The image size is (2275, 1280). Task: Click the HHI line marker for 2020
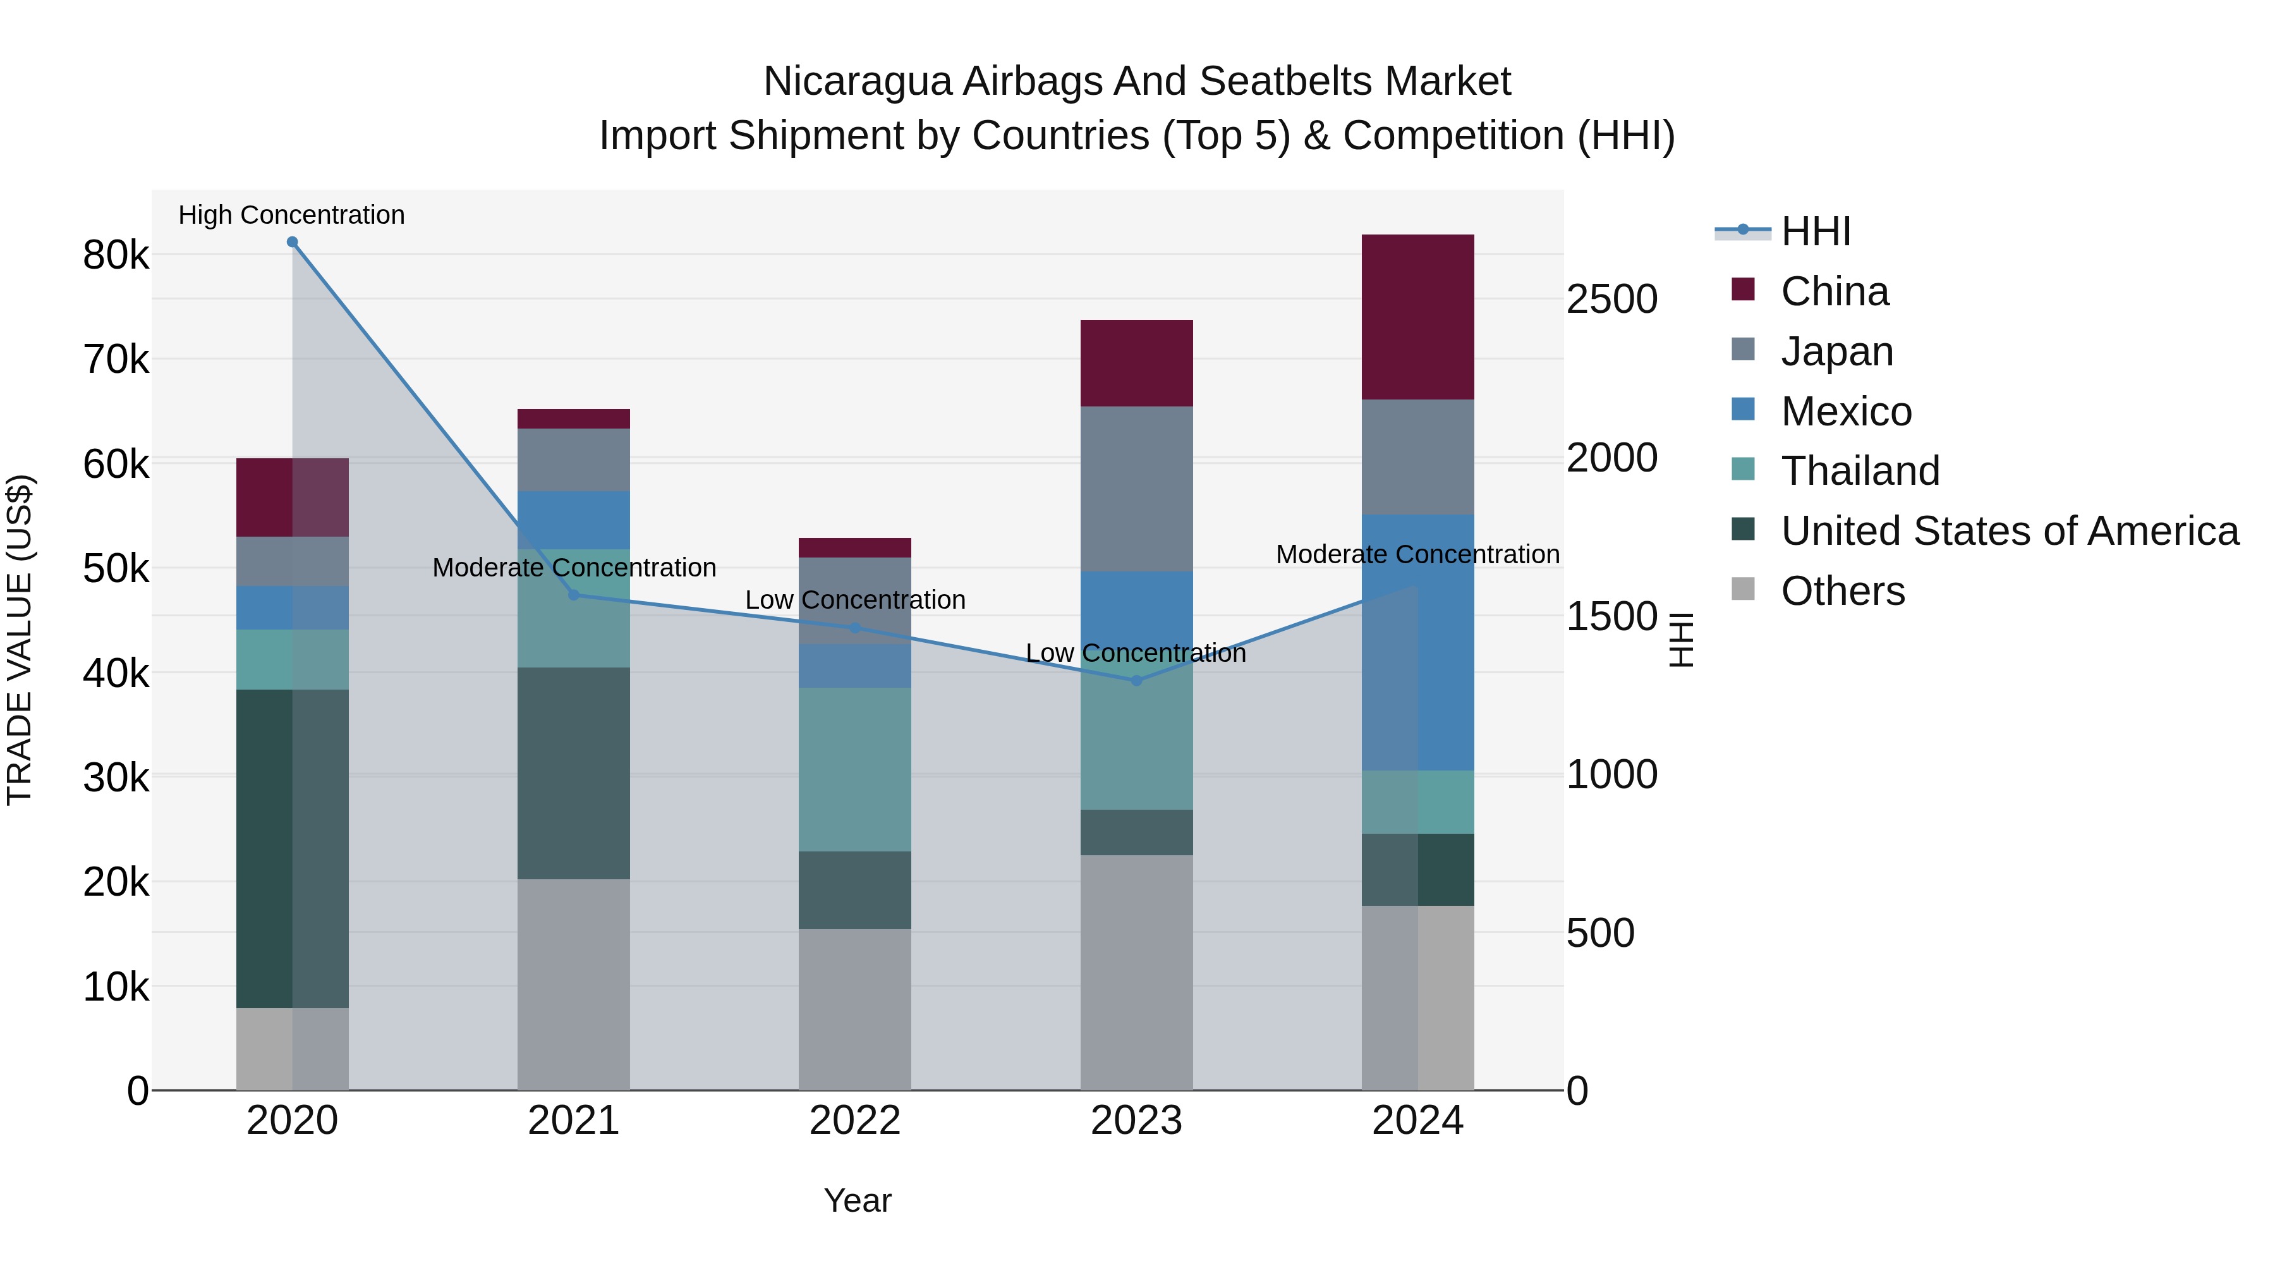click(x=293, y=242)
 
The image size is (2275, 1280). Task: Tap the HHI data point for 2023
click(x=1137, y=680)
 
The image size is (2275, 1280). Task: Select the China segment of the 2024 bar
click(x=1417, y=317)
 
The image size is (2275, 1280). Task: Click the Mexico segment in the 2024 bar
click(x=1417, y=642)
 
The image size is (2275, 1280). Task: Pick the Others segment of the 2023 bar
click(x=1137, y=972)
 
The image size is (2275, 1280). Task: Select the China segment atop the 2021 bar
click(x=573, y=418)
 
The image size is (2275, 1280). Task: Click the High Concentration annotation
click(x=291, y=215)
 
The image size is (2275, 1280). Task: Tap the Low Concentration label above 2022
click(x=855, y=600)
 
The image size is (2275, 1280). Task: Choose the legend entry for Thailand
click(x=1860, y=471)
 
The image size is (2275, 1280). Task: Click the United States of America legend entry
click(x=2009, y=531)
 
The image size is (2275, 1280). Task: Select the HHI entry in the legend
click(x=1815, y=231)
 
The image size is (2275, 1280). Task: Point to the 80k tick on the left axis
click(x=116, y=255)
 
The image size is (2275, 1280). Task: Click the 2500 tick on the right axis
click(x=1611, y=300)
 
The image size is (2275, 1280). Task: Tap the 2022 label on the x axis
click(x=855, y=1121)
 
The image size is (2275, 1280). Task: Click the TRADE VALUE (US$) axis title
click(x=20, y=640)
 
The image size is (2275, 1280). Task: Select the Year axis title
click(x=857, y=1200)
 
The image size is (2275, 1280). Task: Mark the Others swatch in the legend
click(x=1744, y=589)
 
